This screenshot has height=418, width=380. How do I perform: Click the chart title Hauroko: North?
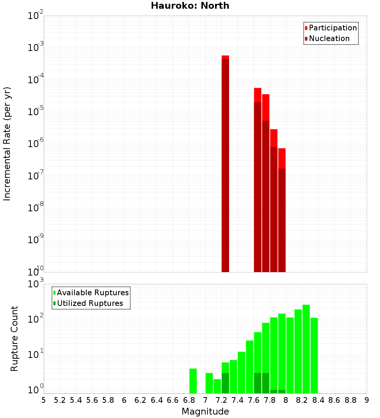(190, 6)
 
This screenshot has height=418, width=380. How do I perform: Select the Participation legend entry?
(333, 28)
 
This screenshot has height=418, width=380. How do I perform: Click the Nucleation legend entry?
(329, 38)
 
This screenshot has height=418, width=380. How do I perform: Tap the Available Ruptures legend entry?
(93, 293)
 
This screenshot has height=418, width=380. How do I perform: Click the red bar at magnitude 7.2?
(225, 163)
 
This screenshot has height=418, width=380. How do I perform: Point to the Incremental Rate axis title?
(7, 144)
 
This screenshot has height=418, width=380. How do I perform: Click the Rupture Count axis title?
(14, 338)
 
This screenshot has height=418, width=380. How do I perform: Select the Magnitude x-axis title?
(205, 412)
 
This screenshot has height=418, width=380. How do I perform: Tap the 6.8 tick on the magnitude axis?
(189, 400)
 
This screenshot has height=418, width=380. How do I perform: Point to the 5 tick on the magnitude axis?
(44, 400)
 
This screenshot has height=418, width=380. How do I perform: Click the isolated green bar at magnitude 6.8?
(193, 381)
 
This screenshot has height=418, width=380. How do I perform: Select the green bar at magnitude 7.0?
(209, 383)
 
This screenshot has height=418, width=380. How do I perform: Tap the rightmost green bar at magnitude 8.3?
(314, 355)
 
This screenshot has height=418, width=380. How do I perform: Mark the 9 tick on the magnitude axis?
(367, 400)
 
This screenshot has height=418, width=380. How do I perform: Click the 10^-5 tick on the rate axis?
(35, 111)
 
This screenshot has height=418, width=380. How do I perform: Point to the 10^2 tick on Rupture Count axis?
(35, 318)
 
